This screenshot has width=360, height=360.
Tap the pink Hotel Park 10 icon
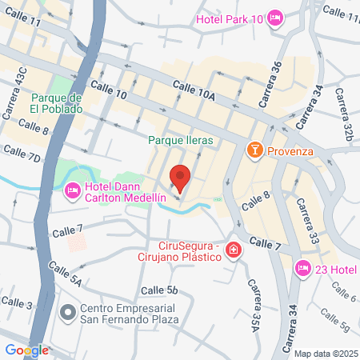pyautogui.click(x=275, y=18)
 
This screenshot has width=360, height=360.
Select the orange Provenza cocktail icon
pyautogui.click(x=254, y=150)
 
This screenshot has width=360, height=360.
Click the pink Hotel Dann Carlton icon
pyautogui.click(x=72, y=190)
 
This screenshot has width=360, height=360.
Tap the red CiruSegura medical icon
pyautogui.click(x=233, y=251)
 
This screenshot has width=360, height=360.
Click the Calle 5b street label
pyautogui.click(x=158, y=290)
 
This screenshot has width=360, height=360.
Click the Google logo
pyautogui.click(x=26, y=350)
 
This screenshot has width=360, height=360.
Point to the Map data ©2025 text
pyautogui.click(x=325, y=353)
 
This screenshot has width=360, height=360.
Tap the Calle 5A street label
pyautogui.click(x=64, y=272)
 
